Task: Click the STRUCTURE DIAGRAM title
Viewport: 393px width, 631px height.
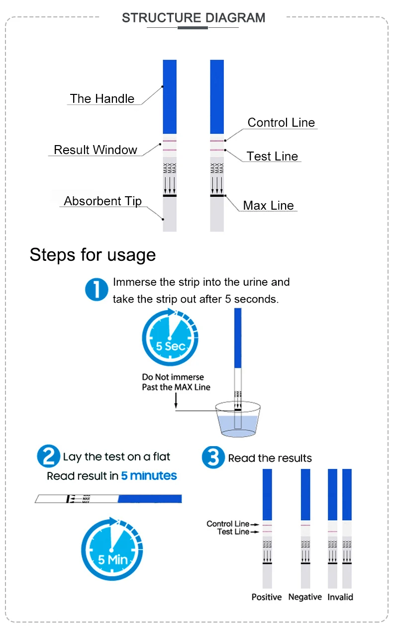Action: pyautogui.click(x=194, y=18)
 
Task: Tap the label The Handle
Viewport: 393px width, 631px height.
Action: pyautogui.click(x=102, y=98)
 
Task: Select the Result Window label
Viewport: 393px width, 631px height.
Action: pyautogui.click(x=96, y=150)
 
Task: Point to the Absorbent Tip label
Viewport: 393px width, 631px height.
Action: pyautogui.click(x=103, y=201)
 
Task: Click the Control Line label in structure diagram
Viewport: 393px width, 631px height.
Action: pyautogui.click(x=281, y=123)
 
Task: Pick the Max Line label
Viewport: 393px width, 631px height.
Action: pyautogui.click(x=269, y=205)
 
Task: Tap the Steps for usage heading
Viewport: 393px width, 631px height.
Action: pyautogui.click(x=93, y=254)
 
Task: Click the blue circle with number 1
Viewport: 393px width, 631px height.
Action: pyautogui.click(x=97, y=289)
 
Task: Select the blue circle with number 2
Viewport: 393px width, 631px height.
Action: pyautogui.click(x=48, y=456)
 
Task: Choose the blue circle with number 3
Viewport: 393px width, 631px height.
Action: pyautogui.click(x=213, y=457)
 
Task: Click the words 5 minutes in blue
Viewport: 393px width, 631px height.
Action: pyautogui.click(x=149, y=476)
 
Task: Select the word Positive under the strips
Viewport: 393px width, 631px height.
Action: pyautogui.click(x=267, y=597)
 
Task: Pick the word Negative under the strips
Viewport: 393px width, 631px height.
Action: pyautogui.click(x=305, y=597)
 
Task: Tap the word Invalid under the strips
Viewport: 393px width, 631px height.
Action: pyautogui.click(x=340, y=597)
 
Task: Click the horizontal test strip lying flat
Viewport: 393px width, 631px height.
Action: pyautogui.click(x=108, y=498)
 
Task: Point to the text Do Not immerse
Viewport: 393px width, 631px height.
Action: pyautogui.click(x=173, y=377)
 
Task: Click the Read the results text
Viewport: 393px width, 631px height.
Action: pyautogui.click(x=270, y=458)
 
